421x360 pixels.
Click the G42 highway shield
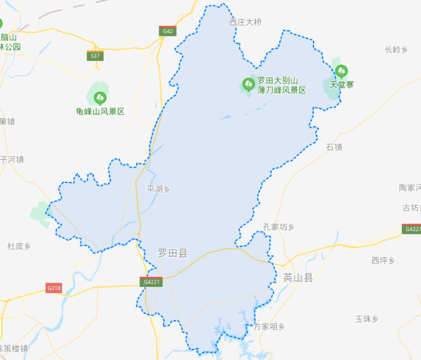click(x=167, y=31)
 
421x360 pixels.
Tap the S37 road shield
click(x=96, y=56)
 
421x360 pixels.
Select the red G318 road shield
click(x=54, y=288)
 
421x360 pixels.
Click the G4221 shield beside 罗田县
click(x=152, y=282)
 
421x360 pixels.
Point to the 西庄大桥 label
click(x=245, y=22)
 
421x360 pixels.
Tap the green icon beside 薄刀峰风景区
click(x=248, y=85)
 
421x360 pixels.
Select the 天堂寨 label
click(x=341, y=85)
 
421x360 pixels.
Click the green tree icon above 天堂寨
click(x=341, y=71)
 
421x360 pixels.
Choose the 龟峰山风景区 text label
click(x=100, y=112)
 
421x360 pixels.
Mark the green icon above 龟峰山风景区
click(x=100, y=98)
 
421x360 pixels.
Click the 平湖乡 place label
click(x=158, y=189)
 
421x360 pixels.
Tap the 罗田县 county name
click(x=173, y=254)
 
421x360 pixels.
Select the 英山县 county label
click(x=298, y=277)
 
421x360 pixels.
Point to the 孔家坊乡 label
click(x=278, y=227)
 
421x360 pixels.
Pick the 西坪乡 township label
click(x=383, y=260)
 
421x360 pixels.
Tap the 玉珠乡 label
click(x=367, y=319)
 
